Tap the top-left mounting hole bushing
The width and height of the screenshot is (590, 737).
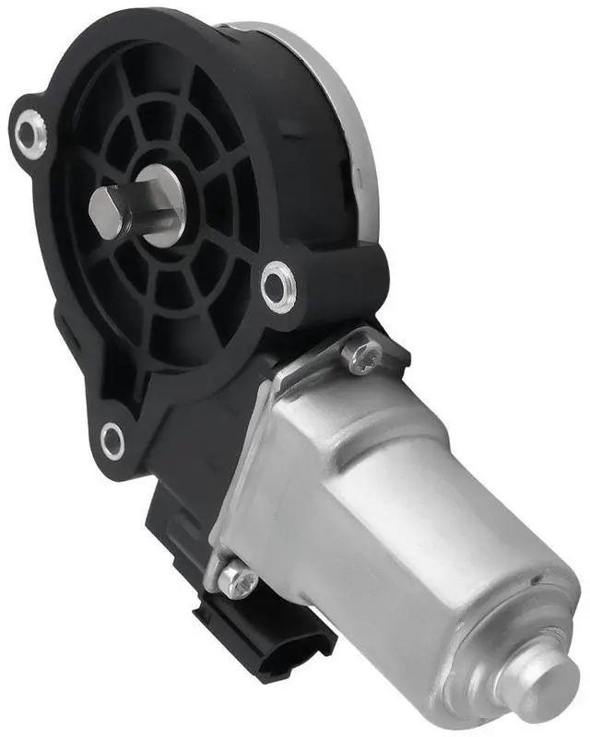(x=31, y=134)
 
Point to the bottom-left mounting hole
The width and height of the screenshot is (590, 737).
(x=112, y=440)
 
